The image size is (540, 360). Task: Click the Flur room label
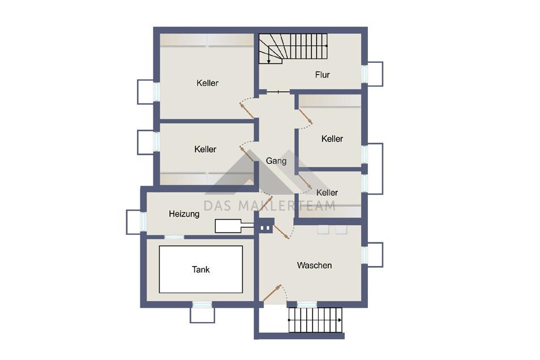point(322,75)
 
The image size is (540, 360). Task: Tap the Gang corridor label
point(276,161)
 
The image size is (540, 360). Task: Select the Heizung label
point(184,214)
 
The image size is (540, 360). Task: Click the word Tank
point(201,269)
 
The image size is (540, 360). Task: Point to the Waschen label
point(314,265)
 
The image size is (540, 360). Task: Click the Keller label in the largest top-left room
point(207,83)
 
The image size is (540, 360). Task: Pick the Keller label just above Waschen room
point(327,192)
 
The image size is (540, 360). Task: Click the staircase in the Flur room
point(293,49)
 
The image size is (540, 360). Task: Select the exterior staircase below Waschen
point(315,320)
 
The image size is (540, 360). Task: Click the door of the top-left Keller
point(247,110)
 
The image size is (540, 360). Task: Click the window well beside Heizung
point(134,222)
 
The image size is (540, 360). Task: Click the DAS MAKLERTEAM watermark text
point(269,206)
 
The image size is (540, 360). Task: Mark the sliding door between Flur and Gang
point(278,92)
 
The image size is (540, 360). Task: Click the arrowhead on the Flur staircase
point(269,62)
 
